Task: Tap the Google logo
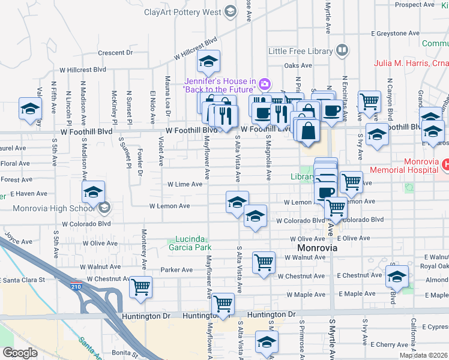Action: [x=20, y=353]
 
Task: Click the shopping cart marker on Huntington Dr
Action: [x=223, y=304]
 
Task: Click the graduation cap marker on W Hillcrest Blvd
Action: [x=208, y=61]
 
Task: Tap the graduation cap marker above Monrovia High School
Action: [x=93, y=192]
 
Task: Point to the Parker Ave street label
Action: [x=176, y=270]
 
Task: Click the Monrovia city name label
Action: [x=317, y=248]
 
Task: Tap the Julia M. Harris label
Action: [x=403, y=62]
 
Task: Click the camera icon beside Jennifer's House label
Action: [x=265, y=85]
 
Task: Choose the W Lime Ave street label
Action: [x=184, y=184]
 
